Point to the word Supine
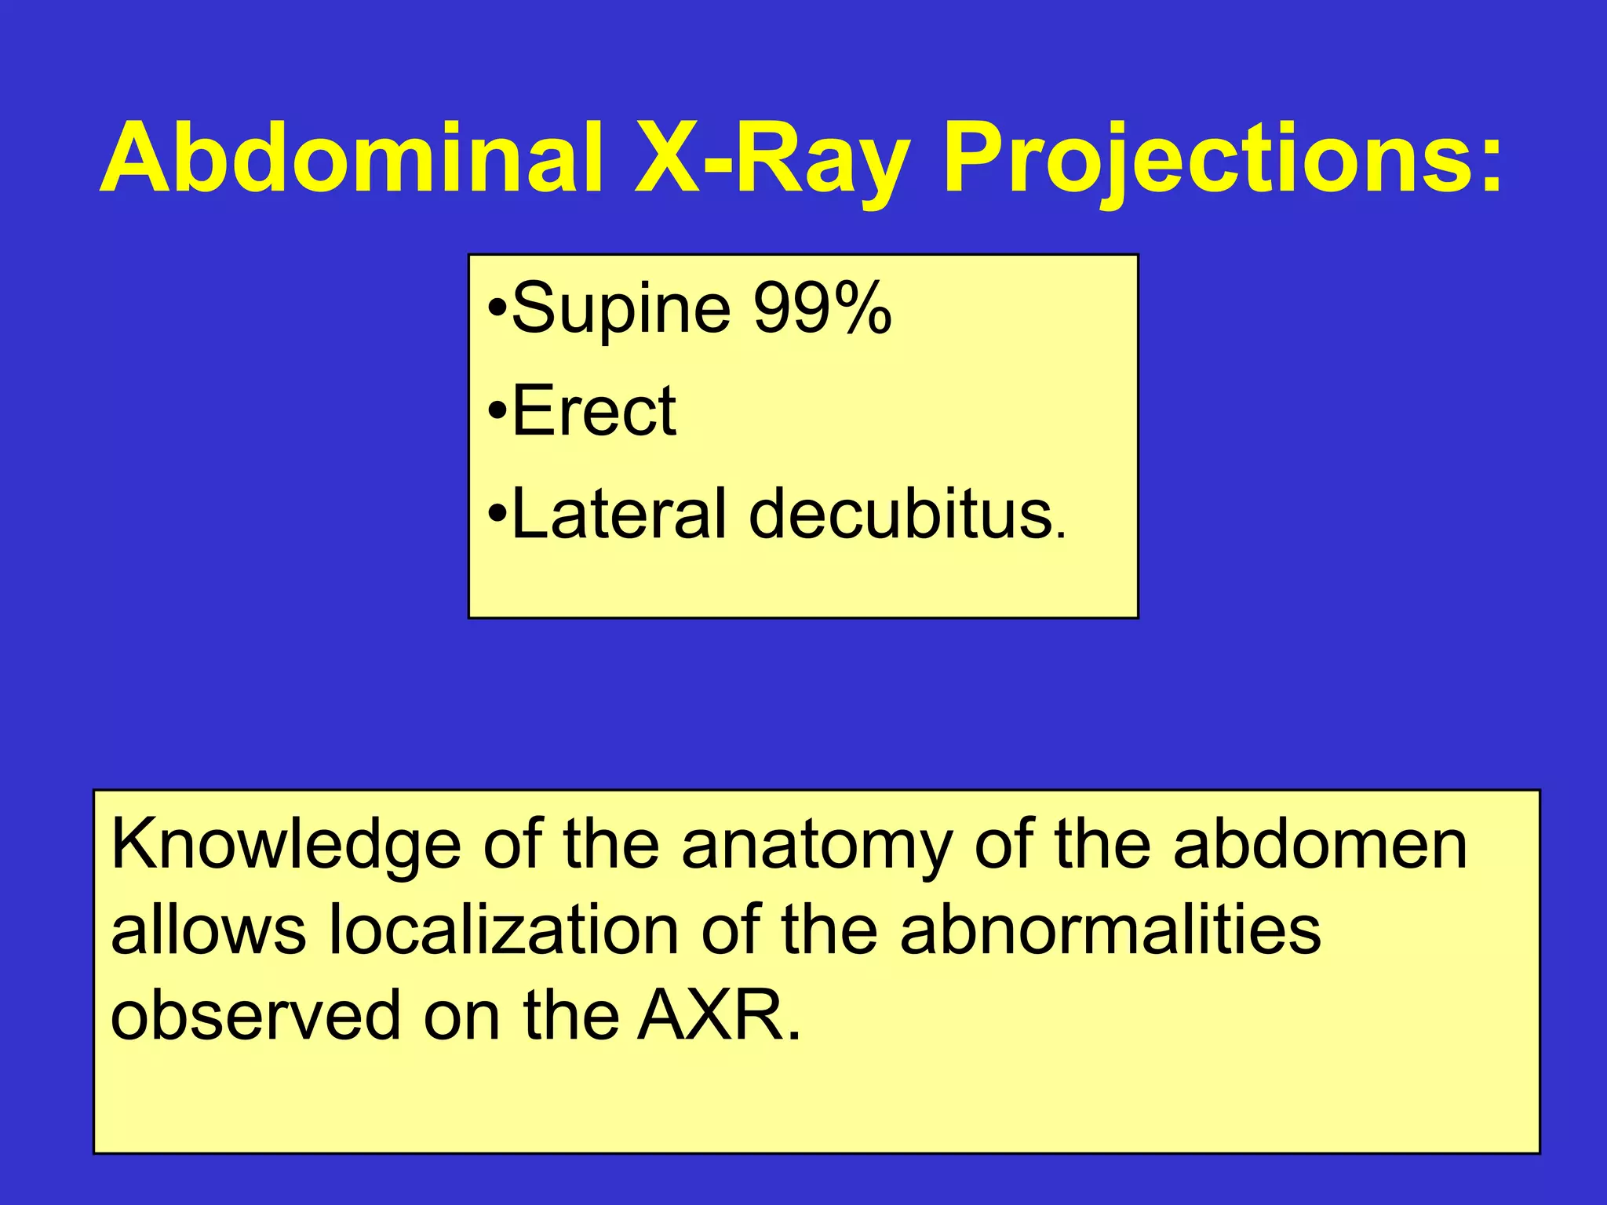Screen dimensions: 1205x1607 [621, 308]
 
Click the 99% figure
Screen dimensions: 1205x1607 [822, 308]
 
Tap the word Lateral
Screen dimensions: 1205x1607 [619, 514]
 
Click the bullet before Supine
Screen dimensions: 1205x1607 [497, 307]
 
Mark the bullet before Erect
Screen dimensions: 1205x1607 [497, 410]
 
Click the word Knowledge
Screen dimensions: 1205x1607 [286, 846]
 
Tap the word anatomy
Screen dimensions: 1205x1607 [817, 846]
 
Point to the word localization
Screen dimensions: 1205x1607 [503, 930]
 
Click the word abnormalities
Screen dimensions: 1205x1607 [1110, 930]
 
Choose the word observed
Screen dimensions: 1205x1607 [255, 1015]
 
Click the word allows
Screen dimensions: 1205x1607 [208, 930]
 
